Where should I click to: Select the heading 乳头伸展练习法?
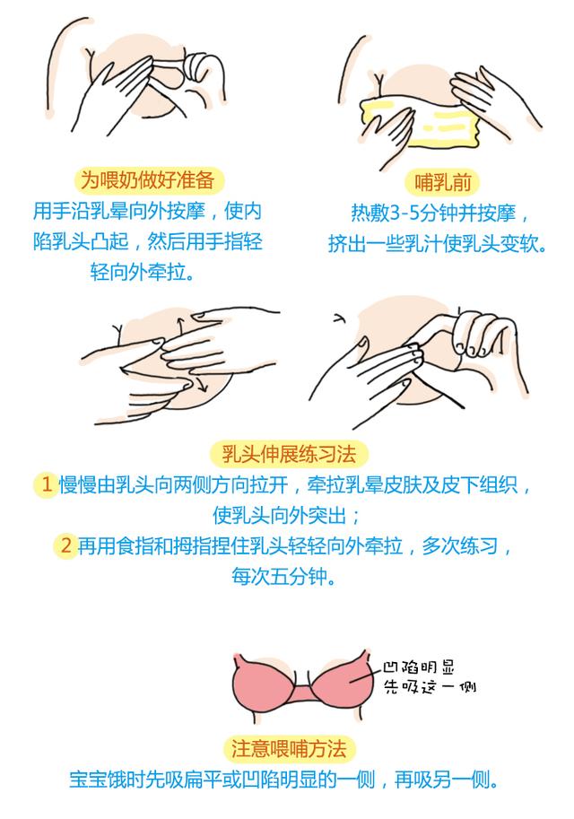(x=287, y=454)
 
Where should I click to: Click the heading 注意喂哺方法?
(x=287, y=748)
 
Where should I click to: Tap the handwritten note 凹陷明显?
(x=418, y=668)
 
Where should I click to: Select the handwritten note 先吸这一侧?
(x=428, y=688)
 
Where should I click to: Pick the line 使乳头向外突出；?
(x=287, y=516)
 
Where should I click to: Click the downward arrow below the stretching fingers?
(x=203, y=388)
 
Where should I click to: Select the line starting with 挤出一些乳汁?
(x=437, y=243)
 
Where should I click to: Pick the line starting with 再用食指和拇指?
(x=296, y=545)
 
